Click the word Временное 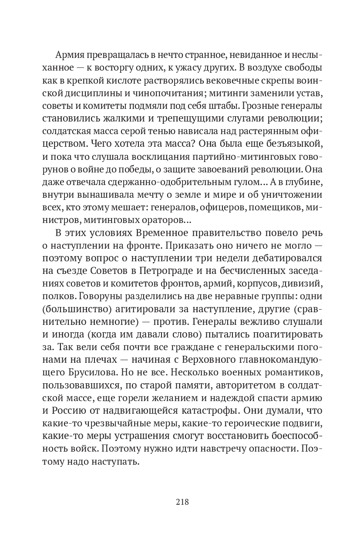(x=151, y=233)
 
